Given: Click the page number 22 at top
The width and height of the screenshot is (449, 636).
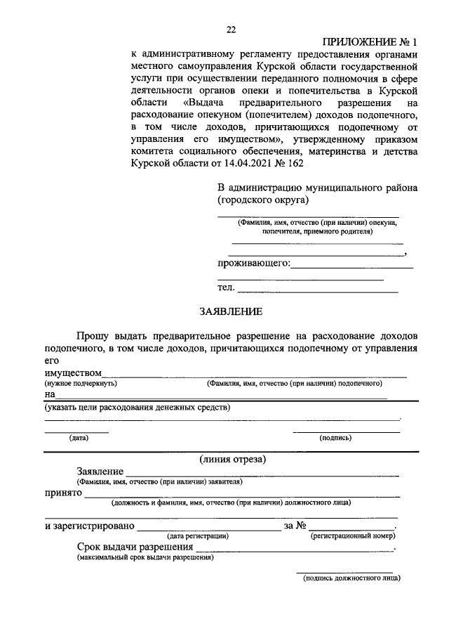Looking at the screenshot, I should click(x=231, y=29).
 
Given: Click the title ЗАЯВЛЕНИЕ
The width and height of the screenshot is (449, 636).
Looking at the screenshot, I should click(x=231, y=311).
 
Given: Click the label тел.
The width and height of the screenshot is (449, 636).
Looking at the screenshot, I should click(x=225, y=287).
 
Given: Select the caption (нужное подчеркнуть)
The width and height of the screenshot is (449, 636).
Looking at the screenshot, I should click(x=81, y=384).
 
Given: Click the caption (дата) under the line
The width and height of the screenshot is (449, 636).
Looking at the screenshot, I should click(x=79, y=438).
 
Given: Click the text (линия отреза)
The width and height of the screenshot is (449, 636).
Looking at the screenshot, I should click(x=231, y=460).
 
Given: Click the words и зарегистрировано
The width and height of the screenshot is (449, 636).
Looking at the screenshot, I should click(x=89, y=526).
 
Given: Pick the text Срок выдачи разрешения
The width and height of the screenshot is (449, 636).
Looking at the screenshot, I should click(x=135, y=547).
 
